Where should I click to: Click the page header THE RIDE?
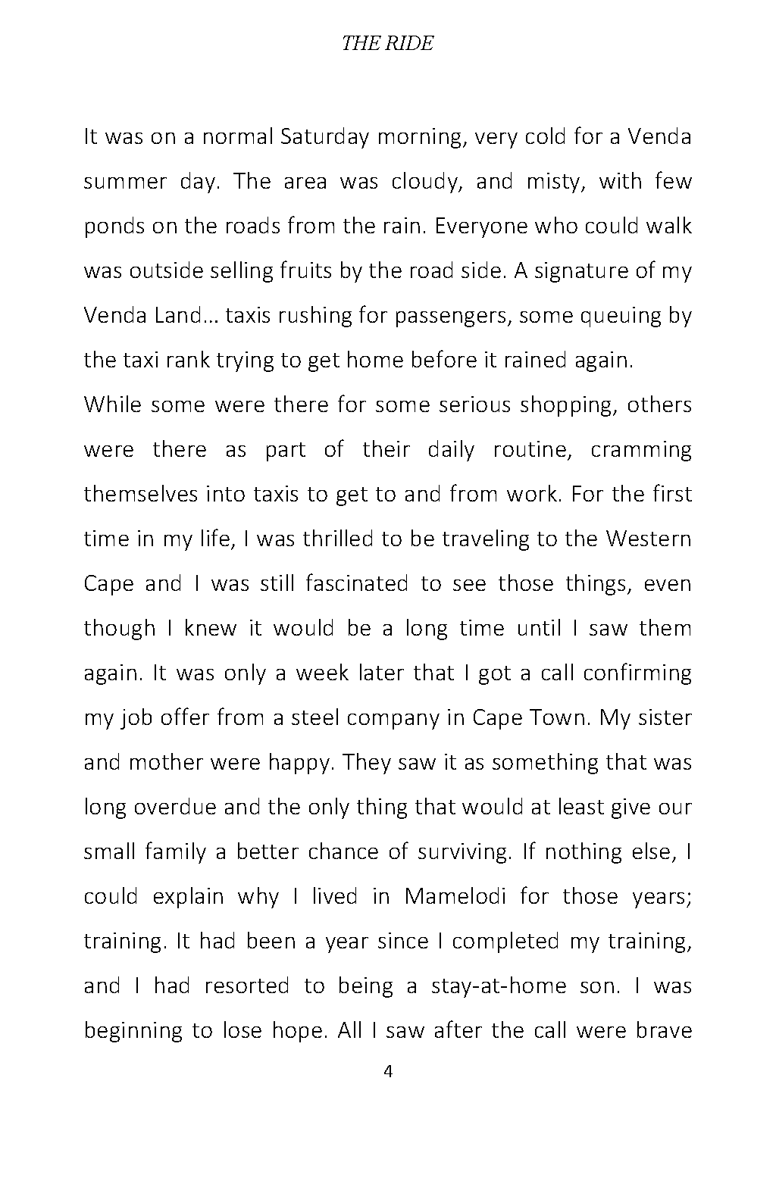point(387,43)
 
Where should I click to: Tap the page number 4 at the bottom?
point(388,1071)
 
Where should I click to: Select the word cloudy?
point(427,182)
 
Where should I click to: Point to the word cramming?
point(641,449)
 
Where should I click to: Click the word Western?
point(649,539)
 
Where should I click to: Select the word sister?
point(665,717)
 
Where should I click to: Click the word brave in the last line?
point(662,1030)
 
